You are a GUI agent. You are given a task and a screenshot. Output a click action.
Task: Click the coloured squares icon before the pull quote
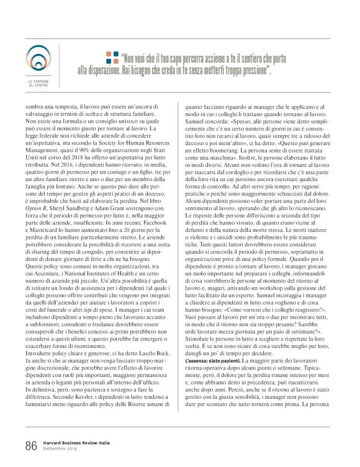[112, 58]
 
